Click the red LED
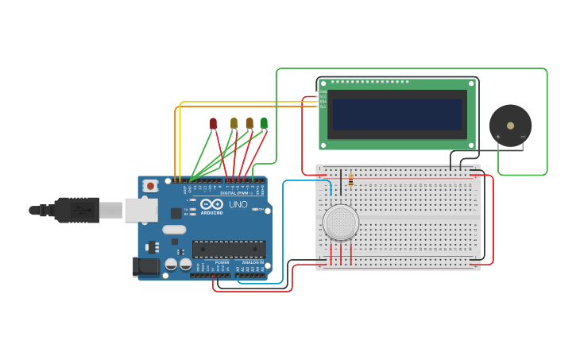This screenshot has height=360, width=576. [213, 122]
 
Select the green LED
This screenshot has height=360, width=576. [264, 122]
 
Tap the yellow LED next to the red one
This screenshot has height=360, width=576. [234, 122]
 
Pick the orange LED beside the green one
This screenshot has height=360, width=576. [249, 122]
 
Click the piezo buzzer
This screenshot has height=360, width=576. [510, 125]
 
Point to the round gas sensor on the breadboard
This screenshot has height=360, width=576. [341, 223]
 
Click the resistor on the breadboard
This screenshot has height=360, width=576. [350, 181]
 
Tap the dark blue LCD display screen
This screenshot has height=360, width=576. [397, 114]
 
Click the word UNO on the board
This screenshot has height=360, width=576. [238, 204]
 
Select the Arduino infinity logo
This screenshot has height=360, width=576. [212, 204]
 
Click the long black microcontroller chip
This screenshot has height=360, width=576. [229, 249]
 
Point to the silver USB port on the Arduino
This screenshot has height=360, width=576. [141, 210]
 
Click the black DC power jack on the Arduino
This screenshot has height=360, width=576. [146, 266]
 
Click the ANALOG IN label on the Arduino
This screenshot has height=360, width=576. [253, 262]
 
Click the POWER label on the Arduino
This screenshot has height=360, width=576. [222, 262]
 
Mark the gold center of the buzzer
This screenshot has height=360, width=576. [510, 124]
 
